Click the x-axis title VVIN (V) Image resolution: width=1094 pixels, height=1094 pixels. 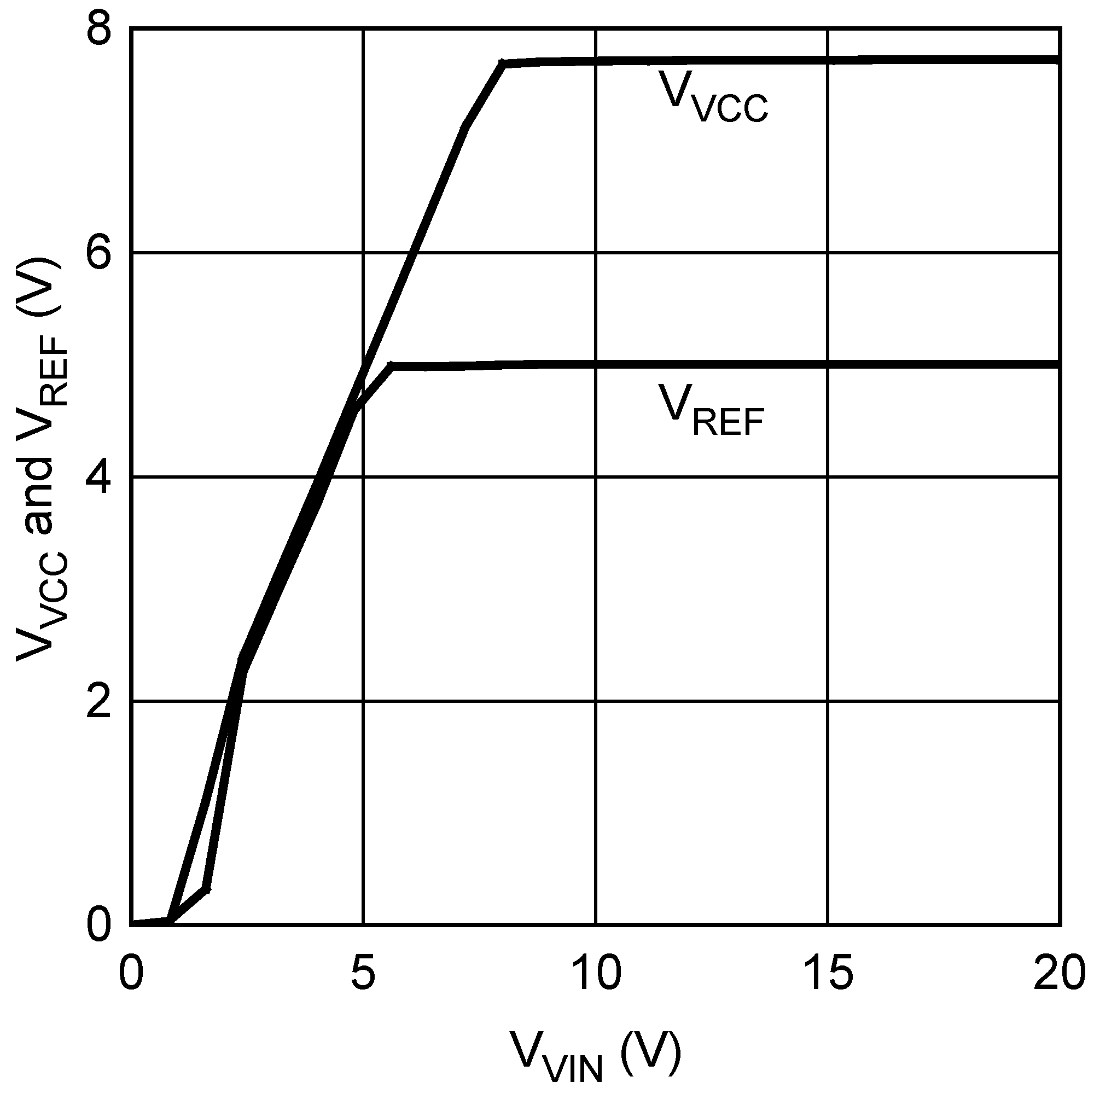tap(595, 1055)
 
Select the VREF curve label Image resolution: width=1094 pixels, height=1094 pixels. tap(711, 411)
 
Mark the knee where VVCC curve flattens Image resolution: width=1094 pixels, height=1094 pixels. tap(502, 63)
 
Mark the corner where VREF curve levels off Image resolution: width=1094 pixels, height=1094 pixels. tap(391, 366)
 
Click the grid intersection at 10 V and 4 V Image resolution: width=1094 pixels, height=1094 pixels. tap(596, 478)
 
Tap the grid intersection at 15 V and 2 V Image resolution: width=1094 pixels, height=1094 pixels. tap(828, 702)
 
